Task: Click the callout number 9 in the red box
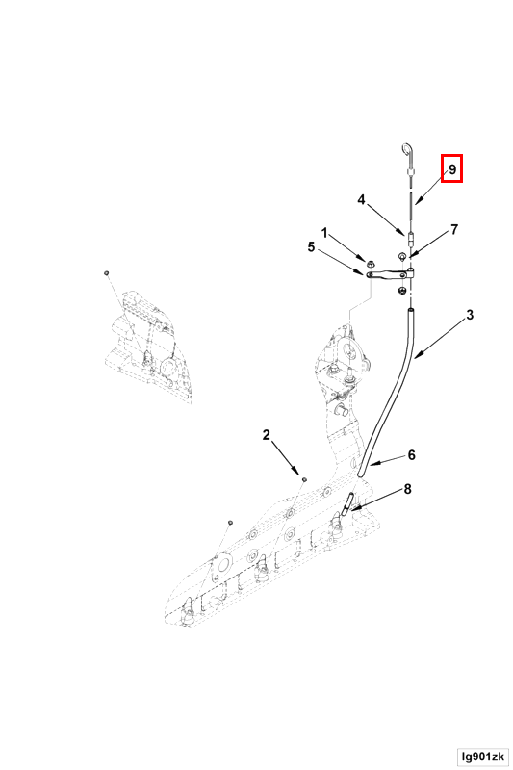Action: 452,169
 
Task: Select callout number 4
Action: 361,200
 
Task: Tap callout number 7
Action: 454,229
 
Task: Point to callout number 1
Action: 324,232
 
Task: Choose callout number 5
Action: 311,246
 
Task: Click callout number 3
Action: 470,315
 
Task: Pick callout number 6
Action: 411,454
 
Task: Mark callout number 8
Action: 407,489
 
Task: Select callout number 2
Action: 266,435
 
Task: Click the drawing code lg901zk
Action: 482,757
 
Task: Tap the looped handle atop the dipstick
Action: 407,150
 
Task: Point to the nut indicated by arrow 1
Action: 363,258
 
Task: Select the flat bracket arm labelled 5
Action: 389,274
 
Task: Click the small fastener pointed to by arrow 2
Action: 304,479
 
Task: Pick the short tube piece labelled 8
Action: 348,503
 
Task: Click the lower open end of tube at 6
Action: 361,474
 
